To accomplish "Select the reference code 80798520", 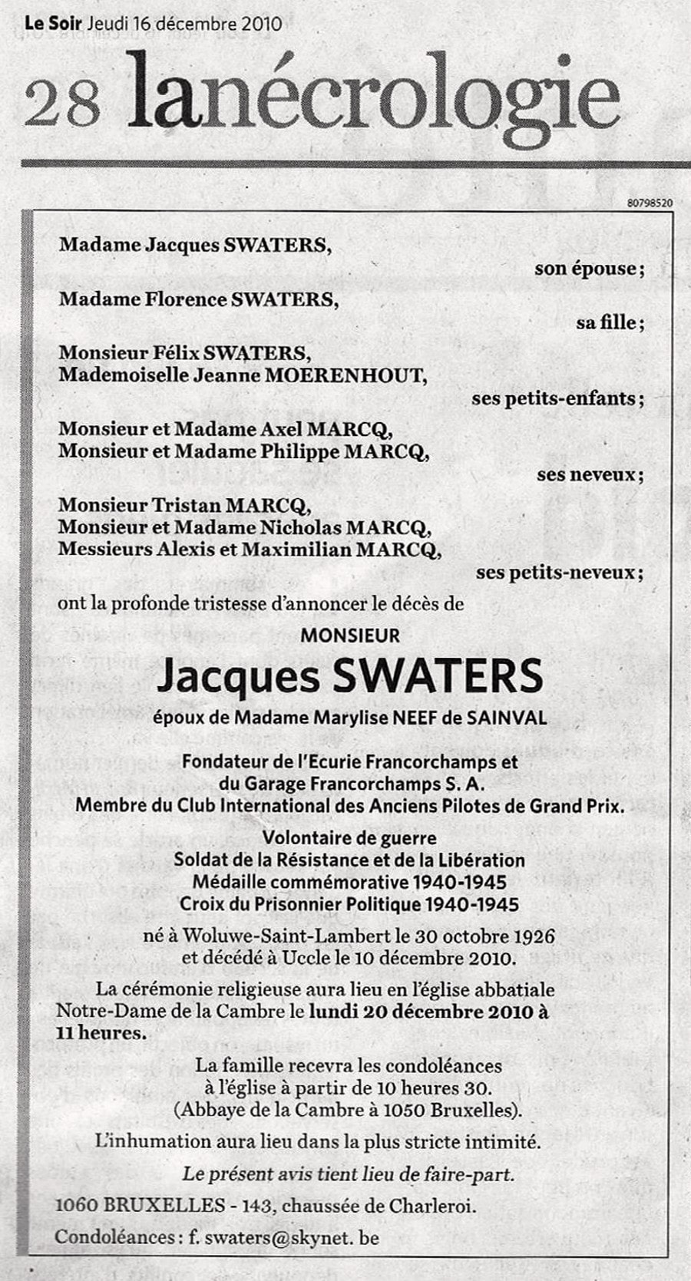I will tap(650, 203).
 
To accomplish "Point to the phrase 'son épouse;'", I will tap(589, 269).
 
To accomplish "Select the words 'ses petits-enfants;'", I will tap(557, 398).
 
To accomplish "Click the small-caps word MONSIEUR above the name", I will tap(350, 636).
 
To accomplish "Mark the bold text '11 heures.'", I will tap(100, 1032).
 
